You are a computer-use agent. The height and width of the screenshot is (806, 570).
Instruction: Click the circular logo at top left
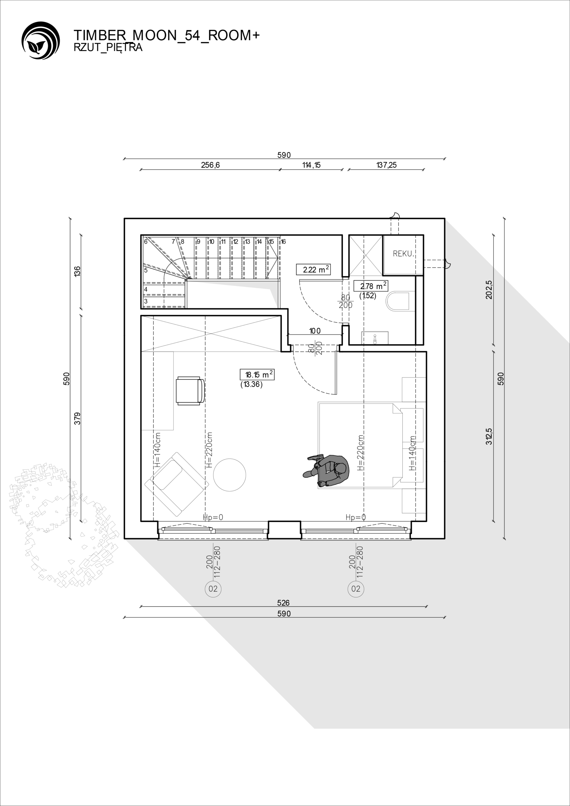point(40,40)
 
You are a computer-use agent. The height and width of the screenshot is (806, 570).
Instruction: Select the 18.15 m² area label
point(257,375)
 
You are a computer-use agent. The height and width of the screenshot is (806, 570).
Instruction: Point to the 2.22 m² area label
point(313,269)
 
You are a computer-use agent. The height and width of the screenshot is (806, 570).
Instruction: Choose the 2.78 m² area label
point(371,286)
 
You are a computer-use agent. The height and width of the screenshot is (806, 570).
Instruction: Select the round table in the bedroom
point(230,475)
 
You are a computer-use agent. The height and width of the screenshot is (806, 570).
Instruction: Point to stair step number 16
point(283,241)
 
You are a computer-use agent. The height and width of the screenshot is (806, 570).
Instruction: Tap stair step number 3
point(146,301)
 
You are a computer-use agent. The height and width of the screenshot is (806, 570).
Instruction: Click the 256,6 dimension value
point(210,165)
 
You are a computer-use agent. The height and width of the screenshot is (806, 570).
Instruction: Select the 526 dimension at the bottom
point(283,603)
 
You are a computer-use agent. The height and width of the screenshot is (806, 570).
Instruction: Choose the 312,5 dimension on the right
point(489,437)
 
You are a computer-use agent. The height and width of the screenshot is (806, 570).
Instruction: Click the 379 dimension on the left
point(77,418)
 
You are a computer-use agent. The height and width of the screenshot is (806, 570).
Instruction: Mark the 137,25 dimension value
point(386,165)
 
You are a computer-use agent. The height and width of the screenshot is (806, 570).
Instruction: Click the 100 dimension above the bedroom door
point(315,331)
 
